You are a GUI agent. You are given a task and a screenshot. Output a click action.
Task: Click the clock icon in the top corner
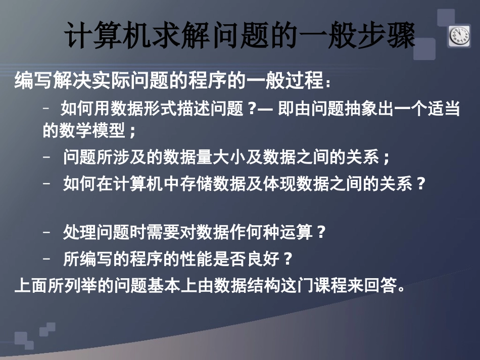pos(460,36)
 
